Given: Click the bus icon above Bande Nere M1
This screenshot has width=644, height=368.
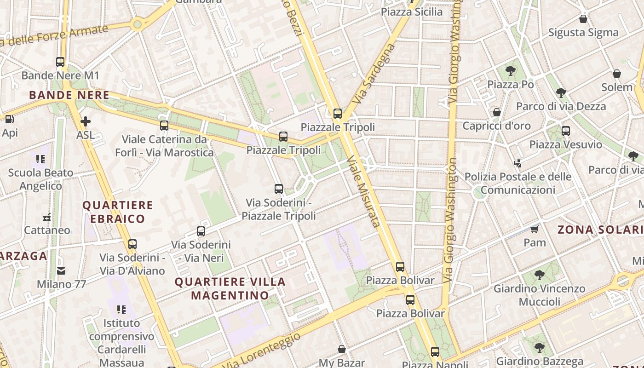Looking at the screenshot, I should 60,62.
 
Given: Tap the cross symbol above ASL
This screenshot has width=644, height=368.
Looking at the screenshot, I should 86,121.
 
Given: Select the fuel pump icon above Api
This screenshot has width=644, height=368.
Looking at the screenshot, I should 9,119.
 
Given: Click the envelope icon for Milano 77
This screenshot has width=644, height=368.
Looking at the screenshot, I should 61,271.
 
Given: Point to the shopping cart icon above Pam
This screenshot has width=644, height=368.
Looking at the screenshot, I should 535,229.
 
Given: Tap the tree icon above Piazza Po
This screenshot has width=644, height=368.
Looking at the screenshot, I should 510,71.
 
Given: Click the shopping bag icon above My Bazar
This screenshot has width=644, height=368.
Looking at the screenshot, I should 342,349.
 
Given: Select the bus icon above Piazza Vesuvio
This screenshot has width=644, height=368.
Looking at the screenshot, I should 566,131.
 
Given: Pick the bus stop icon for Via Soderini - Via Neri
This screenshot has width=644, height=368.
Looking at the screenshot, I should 201,231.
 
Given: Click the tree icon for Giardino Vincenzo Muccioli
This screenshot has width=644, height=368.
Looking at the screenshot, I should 540,275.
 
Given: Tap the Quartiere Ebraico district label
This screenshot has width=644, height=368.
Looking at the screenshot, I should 117,212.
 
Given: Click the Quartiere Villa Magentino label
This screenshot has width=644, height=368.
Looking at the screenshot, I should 230,288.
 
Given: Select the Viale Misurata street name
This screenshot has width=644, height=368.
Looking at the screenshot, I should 363,191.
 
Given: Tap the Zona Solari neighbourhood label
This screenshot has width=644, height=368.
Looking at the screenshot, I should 600,230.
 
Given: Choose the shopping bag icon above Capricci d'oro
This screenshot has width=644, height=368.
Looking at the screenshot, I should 497,112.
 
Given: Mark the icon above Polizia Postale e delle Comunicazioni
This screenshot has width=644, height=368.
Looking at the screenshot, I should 518,163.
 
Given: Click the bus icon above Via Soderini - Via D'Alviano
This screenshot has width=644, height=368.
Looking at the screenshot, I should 132,244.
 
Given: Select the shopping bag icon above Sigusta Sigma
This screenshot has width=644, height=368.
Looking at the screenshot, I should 583,19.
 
